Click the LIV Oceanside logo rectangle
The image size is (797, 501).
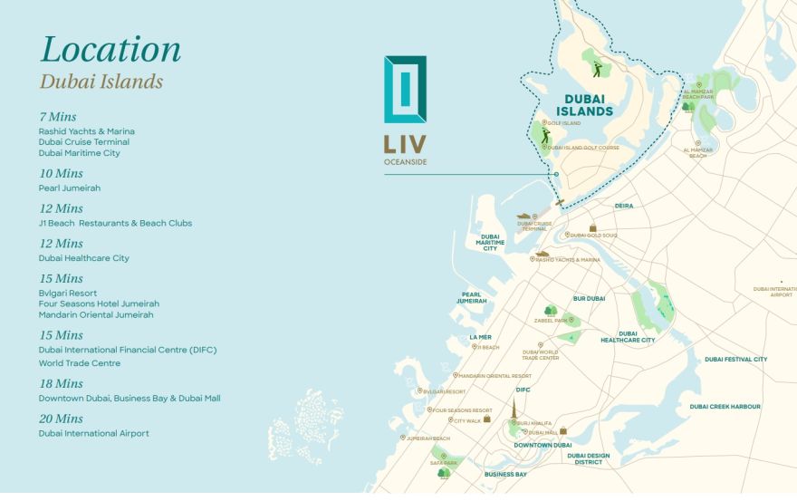405,90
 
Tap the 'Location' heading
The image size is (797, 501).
110,49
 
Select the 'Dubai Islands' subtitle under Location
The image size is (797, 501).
101,82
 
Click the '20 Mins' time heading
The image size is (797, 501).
61,419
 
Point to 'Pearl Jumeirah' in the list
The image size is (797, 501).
69,188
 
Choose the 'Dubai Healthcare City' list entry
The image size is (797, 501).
83,258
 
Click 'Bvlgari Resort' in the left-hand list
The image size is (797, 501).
67,294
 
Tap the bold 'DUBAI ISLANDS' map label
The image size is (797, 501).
589,105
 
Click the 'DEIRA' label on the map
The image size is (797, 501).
625,206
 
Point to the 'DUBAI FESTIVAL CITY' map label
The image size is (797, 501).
735,359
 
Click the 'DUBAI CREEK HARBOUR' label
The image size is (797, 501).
725,407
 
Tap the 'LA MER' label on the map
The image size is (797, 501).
480,337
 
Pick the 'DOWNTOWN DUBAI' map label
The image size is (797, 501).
543,445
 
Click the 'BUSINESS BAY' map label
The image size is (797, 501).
505,474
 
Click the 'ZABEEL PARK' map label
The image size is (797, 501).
552,321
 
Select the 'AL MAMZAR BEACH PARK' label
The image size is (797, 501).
698,93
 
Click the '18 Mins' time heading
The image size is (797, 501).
61,384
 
